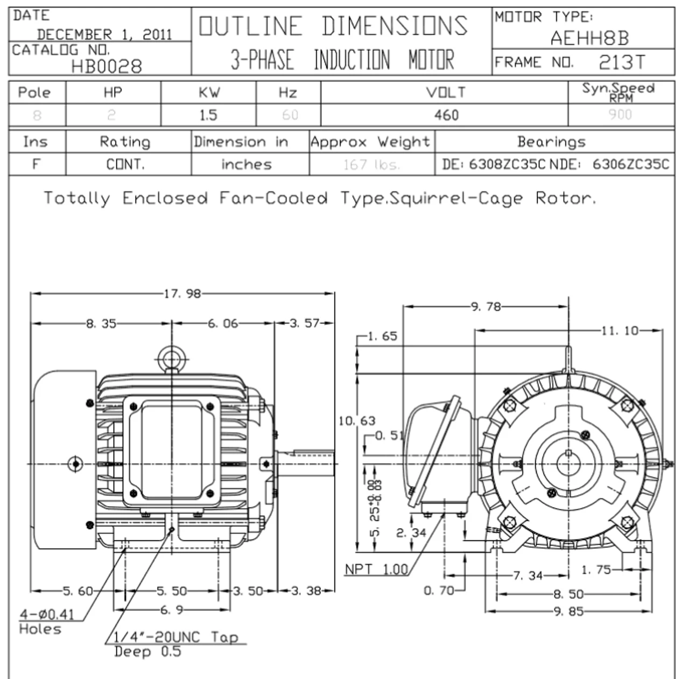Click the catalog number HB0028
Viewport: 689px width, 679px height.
(x=107, y=66)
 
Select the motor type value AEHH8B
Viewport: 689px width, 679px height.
(x=589, y=38)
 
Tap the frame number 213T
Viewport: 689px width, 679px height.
(x=621, y=63)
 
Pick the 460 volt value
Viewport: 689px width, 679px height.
(x=446, y=115)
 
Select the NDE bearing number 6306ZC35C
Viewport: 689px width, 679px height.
(x=631, y=164)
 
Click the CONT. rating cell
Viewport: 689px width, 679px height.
(x=125, y=164)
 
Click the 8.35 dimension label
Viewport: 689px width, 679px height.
(x=101, y=324)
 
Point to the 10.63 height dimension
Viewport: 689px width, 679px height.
(x=357, y=421)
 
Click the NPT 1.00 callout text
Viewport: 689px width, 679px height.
(x=376, y=569)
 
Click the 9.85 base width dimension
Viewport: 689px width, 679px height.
(x=568, y=612)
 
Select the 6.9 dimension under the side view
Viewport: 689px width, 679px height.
(x=172, y=610)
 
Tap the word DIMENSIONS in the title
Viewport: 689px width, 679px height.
(x=395, y=26)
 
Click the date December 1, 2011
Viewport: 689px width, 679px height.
(x=104, y=35)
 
